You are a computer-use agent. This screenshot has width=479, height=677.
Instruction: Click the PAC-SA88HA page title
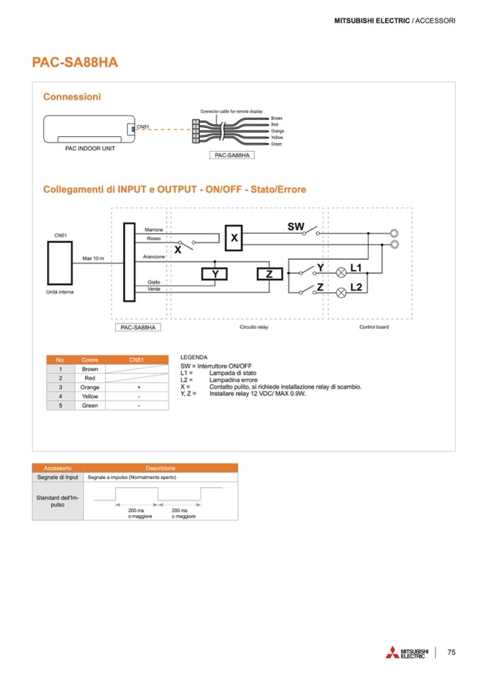[x=75, y=62]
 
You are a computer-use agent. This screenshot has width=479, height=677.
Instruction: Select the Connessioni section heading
[x=72, y=97]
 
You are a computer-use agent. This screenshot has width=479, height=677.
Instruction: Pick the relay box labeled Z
[x=268, y=275]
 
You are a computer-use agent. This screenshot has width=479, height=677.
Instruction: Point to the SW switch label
[x=295, y=227]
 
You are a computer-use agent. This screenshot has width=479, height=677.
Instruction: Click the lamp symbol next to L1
[x=341, y=271]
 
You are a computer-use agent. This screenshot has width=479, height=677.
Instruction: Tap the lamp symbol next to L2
[x=341, y=291]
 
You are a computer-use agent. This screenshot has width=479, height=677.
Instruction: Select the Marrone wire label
[x=153, y=230]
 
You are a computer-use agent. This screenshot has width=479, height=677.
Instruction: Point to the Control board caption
[x=374, y=327]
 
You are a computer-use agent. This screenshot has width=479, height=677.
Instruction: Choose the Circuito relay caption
[x=254, y=327]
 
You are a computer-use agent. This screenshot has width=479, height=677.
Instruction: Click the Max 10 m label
[x=93, y=258]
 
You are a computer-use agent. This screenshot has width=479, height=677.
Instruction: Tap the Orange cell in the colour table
[x=90, y=388]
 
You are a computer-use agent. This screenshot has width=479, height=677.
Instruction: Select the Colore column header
[x=90, y=360]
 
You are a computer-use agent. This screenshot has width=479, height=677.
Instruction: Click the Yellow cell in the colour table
[x=90, y=397]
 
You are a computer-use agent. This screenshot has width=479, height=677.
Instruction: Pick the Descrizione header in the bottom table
[x=160, y=468]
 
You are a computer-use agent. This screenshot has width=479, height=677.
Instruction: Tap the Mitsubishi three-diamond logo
[x=392, y=653]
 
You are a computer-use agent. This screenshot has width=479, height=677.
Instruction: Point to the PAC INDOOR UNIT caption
[x=85, y=149]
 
